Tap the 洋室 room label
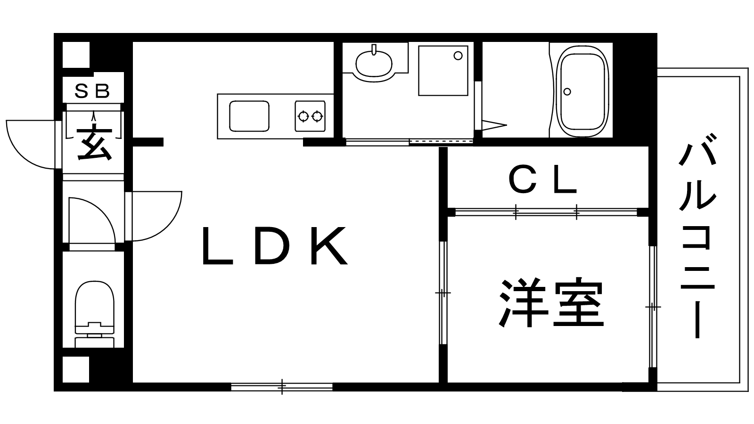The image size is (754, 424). click(x=551, y=304)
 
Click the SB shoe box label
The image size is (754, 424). click(x=93, y=90)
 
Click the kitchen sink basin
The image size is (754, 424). click(x=249, y=116)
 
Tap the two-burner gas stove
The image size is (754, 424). click(x=310, y=116)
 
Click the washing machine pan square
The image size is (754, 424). click(x=443, y=71)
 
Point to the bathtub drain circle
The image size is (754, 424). click(x=567, y=92)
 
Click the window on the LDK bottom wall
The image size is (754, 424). click(x=282, y=387)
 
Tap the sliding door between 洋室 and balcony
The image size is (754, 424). click(x=652, y=306)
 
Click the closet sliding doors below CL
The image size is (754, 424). click(x=546, y=212)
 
